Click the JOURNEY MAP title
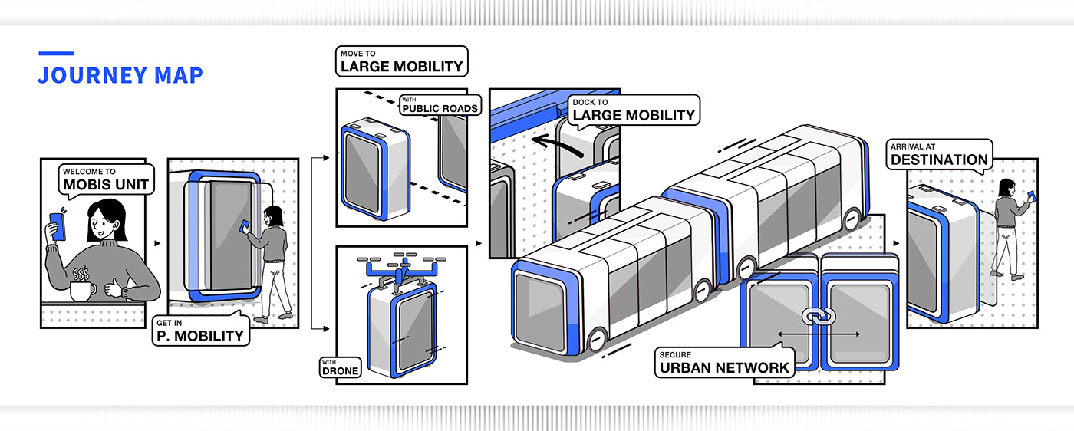120,75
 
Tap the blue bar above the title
56,54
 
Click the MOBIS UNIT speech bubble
106,179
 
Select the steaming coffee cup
82,286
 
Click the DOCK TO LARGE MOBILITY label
633,111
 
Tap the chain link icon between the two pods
818,315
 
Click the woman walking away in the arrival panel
1008,226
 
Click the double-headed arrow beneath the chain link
819,334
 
